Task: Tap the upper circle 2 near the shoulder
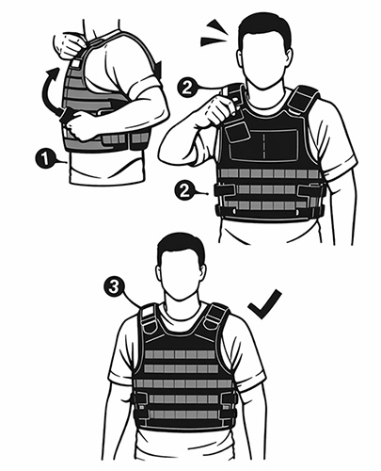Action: coord(187,88)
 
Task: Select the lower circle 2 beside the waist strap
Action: coord(185,191)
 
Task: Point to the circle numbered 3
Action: coord(114,286)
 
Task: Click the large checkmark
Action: coord(265,304)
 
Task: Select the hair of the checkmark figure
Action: coord(182,248)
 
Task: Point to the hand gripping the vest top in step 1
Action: coord(68,43)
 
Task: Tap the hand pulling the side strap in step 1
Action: coord(78,125)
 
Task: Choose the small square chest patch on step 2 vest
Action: coord(237,133)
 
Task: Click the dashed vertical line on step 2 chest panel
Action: coord(263,145)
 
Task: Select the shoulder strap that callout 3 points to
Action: coord(149,317)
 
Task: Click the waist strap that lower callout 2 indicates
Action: coord(225,190)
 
